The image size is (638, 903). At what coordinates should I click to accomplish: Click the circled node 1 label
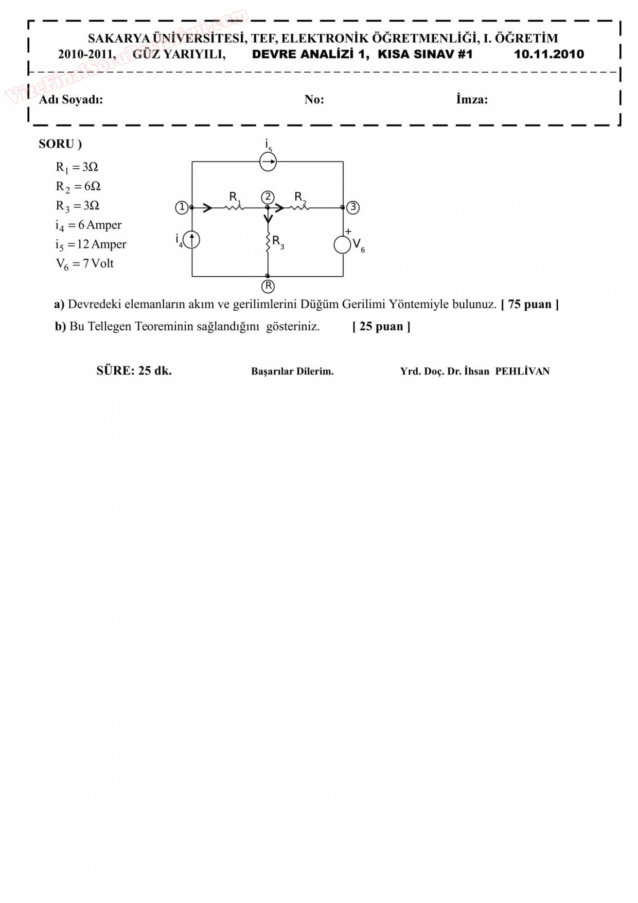point(181,207)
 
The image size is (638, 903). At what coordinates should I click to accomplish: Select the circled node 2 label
point(268,197)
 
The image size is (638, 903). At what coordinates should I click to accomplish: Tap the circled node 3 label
point(353,207)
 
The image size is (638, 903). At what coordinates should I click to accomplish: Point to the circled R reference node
point(268,286)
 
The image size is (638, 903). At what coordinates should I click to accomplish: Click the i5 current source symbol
point(268,162)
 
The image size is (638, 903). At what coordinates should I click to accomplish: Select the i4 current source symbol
point(191,240)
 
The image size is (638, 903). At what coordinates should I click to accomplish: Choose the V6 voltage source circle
point(342,245)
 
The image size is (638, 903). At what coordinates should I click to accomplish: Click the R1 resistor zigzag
point(234,207)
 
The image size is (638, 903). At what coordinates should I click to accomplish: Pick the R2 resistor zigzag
point(299,207)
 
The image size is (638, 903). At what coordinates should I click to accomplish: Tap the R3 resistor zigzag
point(268,242)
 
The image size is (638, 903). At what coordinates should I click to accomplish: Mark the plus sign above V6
point(348,232)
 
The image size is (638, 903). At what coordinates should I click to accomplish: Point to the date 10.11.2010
point(548,55)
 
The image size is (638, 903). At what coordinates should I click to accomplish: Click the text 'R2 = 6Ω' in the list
point(78,186)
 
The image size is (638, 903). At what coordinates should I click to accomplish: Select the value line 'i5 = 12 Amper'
point(91,244)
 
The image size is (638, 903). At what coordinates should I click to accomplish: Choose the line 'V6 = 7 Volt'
point(84,264)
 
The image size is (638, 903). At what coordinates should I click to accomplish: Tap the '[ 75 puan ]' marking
point(529,304)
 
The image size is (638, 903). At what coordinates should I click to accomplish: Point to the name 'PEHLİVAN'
point(522,371)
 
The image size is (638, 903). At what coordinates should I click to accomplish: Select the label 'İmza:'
point(471,99)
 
